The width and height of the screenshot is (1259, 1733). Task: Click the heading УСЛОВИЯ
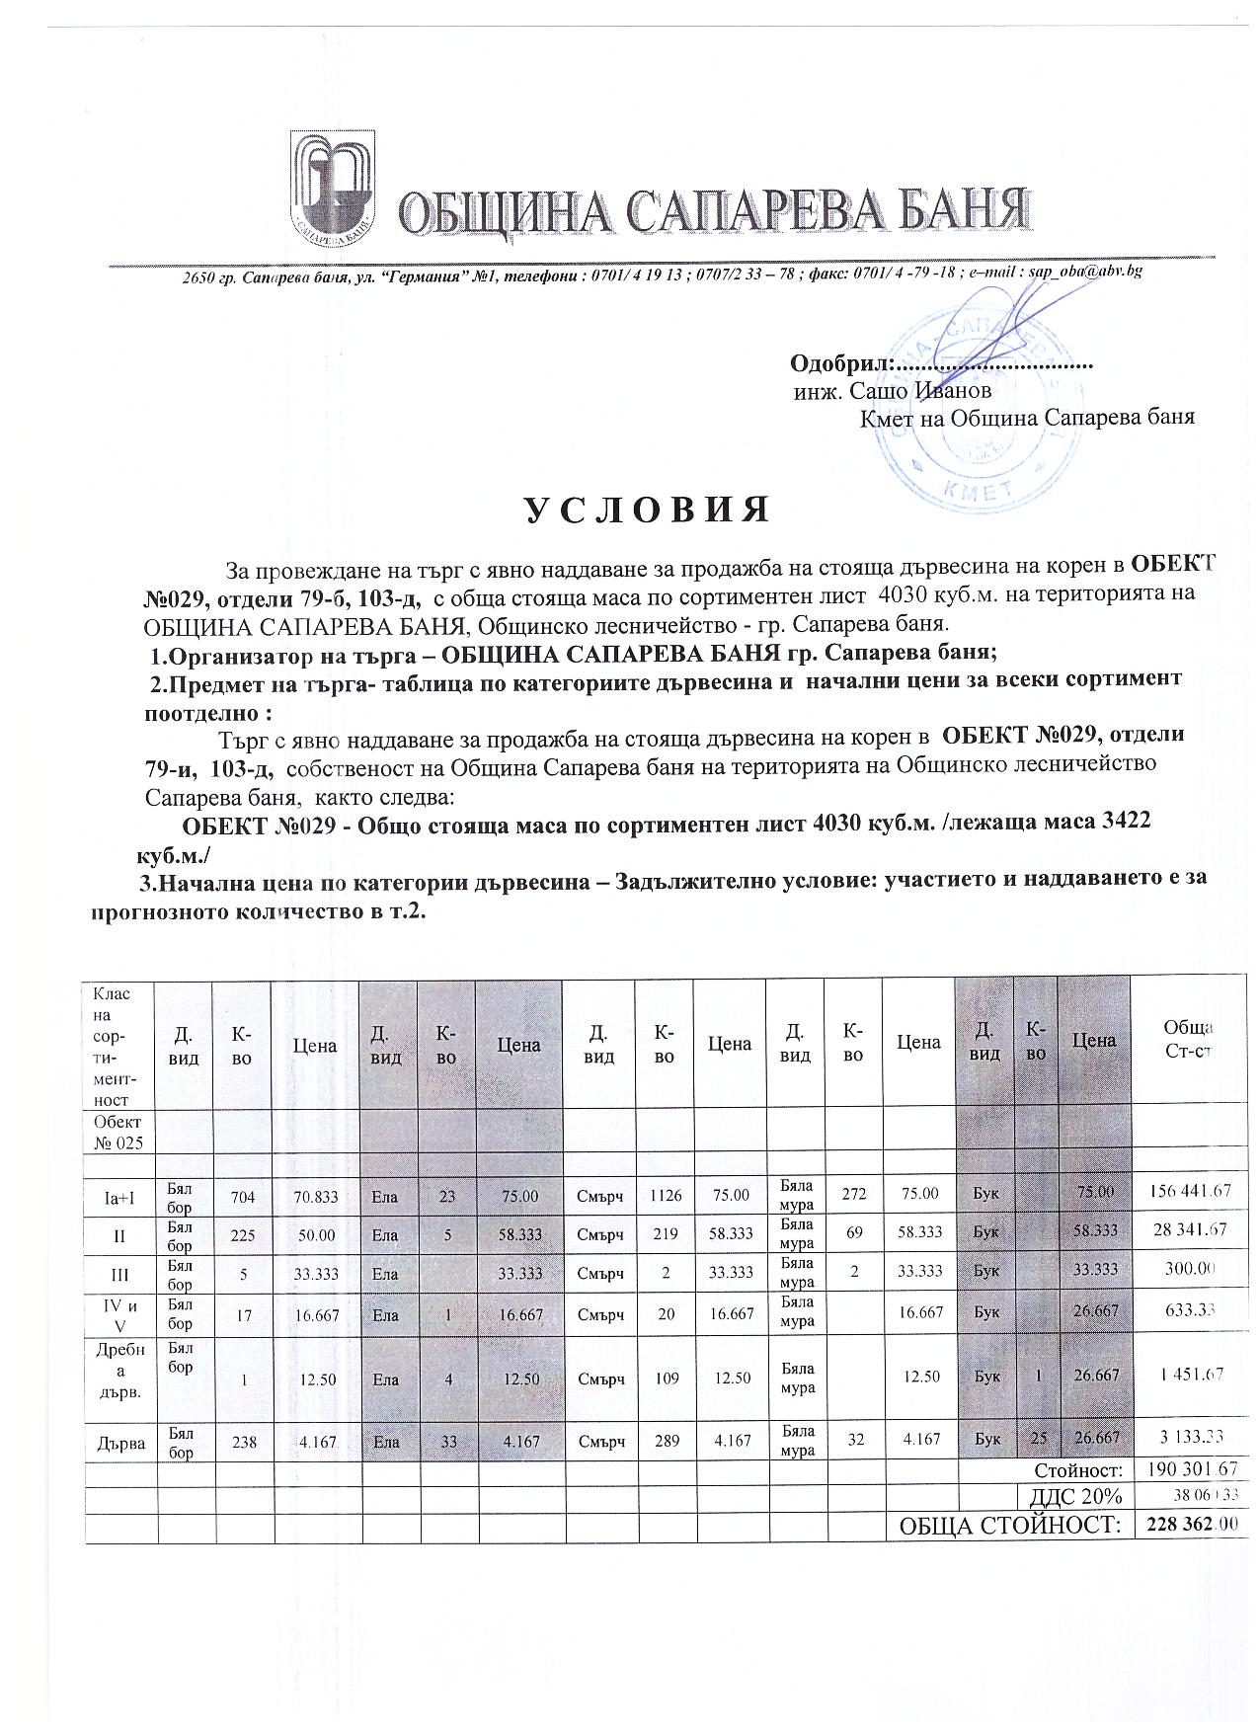pos(644,510)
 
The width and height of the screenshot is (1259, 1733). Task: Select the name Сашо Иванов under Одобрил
pos(900,391)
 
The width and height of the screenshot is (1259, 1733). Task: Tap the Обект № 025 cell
pos(118,1133)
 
